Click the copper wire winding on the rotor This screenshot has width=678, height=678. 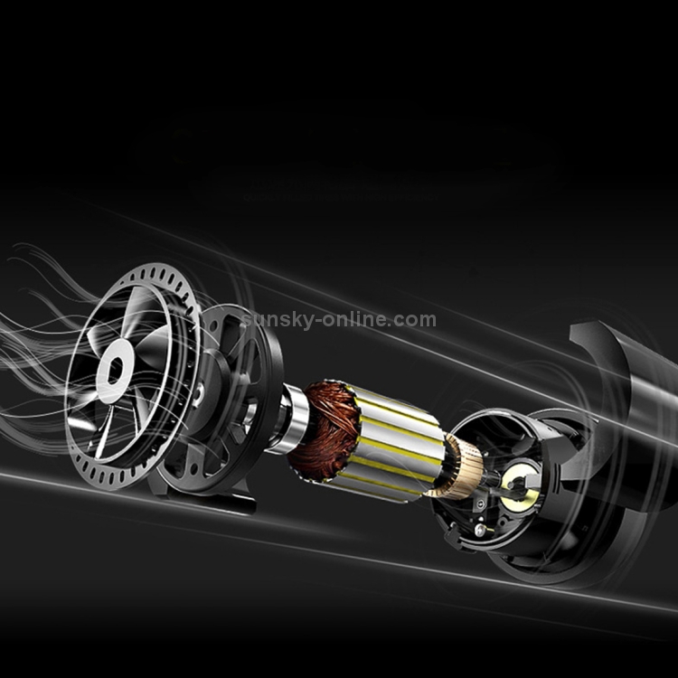325,428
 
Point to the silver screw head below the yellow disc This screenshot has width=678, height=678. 480,529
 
